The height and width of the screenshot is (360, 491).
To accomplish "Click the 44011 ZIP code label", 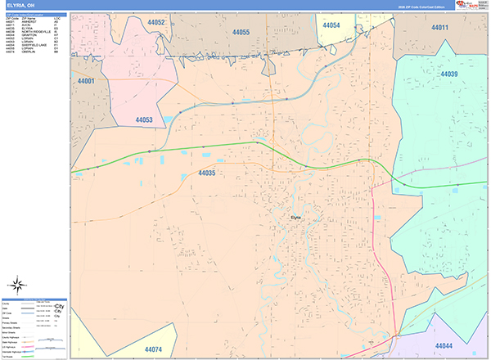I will point(440,28).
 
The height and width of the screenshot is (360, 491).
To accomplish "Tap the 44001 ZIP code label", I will point(86,82).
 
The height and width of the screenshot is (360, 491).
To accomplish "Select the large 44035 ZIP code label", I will point(206,173).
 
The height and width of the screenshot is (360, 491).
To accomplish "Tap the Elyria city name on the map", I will point(296,217).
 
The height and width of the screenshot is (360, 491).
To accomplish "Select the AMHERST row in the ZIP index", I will point(34,22).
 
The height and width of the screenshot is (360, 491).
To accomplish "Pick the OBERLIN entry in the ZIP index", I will point(33,52).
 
